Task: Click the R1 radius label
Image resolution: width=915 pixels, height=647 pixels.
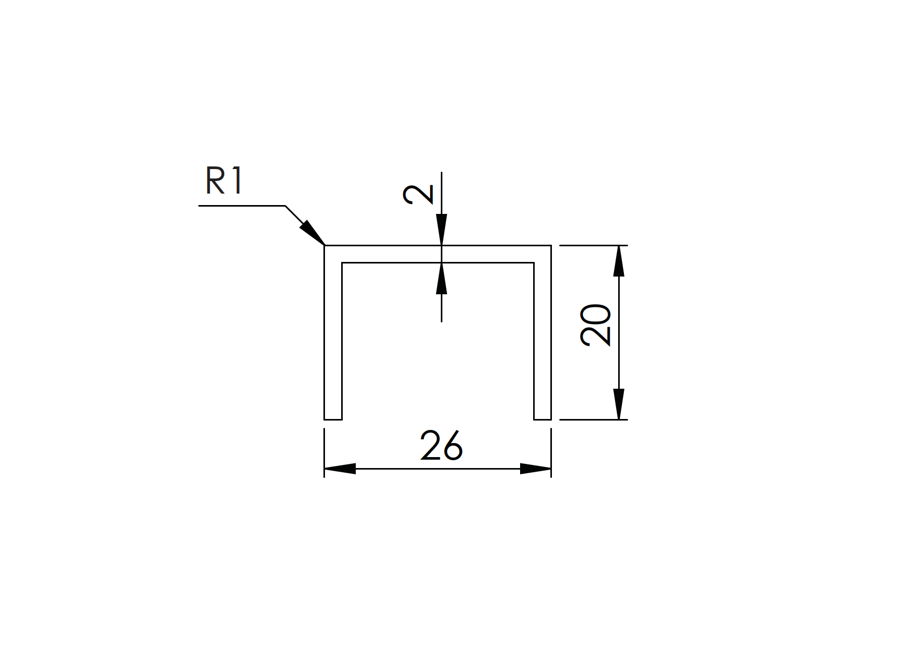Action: [224, 182]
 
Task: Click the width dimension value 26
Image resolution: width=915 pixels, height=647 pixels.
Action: [441, 446]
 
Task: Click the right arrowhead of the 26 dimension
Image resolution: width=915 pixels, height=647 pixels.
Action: [535, 469]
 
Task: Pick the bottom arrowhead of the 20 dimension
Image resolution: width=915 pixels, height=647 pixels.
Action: [619, 404]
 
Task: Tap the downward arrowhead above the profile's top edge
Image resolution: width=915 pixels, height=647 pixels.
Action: [441, 230]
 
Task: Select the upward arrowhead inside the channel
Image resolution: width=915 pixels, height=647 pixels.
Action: [441, 278]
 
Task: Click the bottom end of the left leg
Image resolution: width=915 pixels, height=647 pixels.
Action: [333, 418]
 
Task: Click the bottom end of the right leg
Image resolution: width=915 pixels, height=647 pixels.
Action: [543, 418]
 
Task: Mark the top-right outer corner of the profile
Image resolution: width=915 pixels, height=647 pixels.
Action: [551, 245]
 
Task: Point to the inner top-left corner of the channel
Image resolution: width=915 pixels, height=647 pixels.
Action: [342, 263]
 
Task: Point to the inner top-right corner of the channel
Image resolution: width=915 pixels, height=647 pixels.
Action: [534, 263]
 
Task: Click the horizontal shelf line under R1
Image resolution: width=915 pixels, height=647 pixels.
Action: [242, 206]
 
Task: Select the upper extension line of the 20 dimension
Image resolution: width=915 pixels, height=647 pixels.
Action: [593, 245]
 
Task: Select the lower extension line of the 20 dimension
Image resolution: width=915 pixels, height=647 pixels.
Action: [593, 419]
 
